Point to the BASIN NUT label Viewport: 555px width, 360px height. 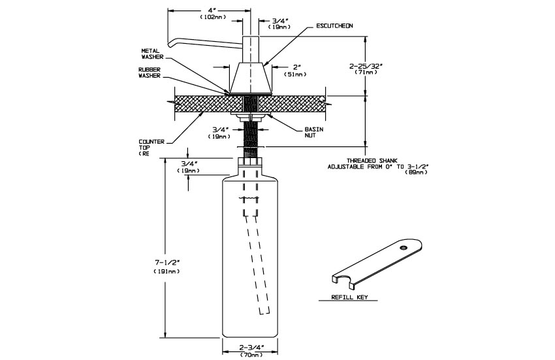[313, 132]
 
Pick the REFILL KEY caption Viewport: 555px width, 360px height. [348, 297]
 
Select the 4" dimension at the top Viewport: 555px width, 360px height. [210, 10]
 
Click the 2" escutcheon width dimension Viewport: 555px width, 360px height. [296, 67]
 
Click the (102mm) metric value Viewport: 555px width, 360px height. [210, 18]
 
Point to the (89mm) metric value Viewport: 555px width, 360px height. [416, 173]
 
